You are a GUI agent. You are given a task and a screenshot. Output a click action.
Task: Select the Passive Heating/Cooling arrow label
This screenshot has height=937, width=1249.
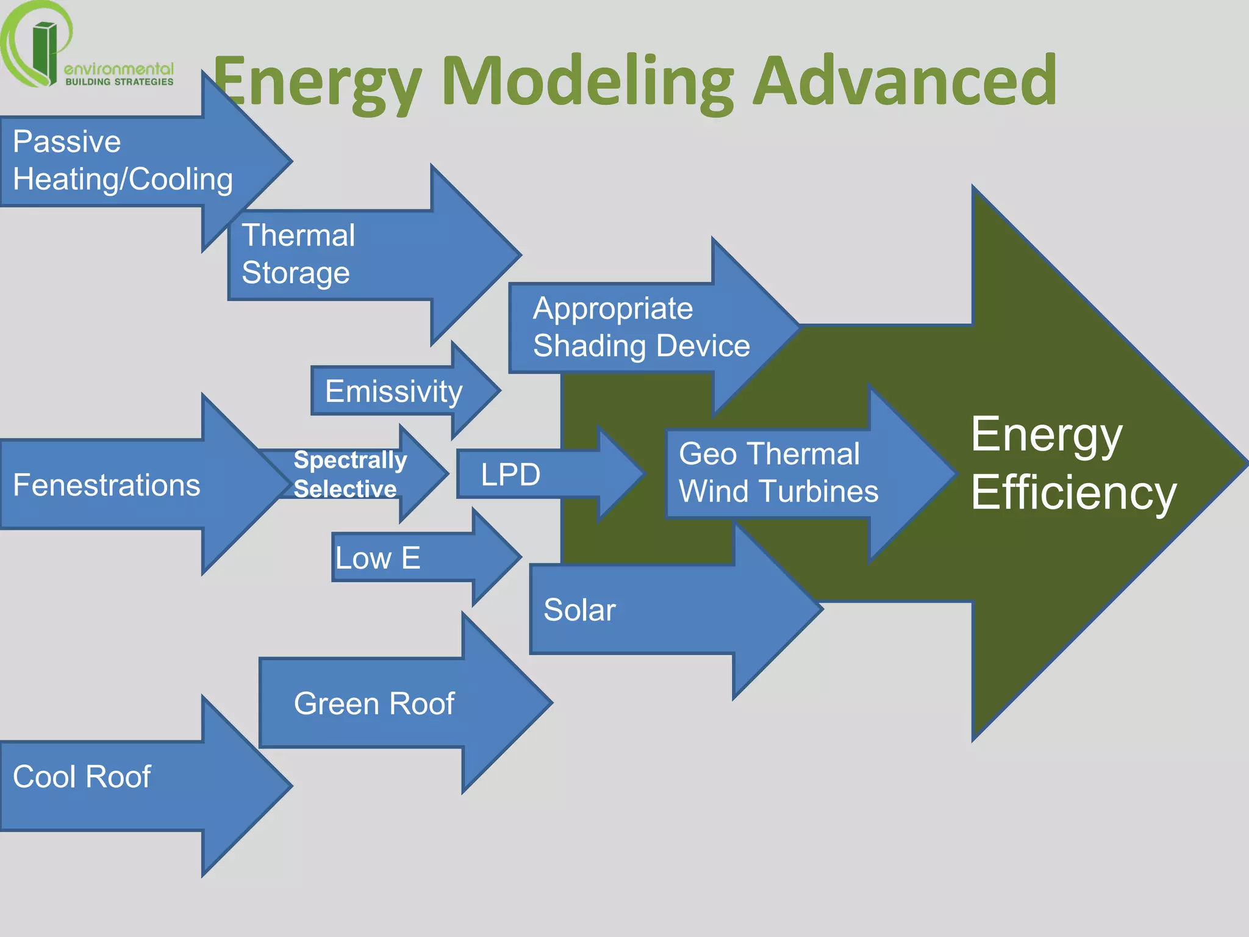tap(122, 160)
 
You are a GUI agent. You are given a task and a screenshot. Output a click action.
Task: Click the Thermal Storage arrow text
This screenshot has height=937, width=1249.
tap(298, 254)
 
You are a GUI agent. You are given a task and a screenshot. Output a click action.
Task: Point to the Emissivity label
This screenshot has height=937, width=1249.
tap(393, 391)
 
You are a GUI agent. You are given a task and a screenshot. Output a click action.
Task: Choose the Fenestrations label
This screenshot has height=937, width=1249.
tap(106, 485)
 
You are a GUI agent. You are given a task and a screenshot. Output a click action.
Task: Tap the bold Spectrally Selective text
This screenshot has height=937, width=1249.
tap(349, 474)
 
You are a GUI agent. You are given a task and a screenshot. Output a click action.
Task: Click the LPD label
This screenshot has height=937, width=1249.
tap(510, 475)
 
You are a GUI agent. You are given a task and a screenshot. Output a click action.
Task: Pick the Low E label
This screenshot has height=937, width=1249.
tap(378, 558)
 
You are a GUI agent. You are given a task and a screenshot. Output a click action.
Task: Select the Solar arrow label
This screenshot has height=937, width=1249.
tap(579, 610)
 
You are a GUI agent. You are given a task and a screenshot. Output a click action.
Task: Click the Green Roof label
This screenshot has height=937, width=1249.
tap(374, 703)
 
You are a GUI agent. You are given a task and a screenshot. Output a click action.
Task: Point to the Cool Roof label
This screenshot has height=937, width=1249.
tap(82, 777)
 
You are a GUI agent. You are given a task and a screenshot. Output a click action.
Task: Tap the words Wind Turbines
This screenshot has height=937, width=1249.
tap(778, 491)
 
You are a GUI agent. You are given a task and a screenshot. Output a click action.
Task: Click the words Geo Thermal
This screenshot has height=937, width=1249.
tap(769, 454)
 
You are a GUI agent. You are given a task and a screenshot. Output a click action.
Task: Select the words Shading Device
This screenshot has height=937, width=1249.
tap(641, 346)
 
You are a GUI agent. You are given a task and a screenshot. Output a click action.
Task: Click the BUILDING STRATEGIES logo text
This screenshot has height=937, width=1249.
tap(120, 82)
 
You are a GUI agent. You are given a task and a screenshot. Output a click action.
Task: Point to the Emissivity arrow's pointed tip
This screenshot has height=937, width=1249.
tap(498, 390)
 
